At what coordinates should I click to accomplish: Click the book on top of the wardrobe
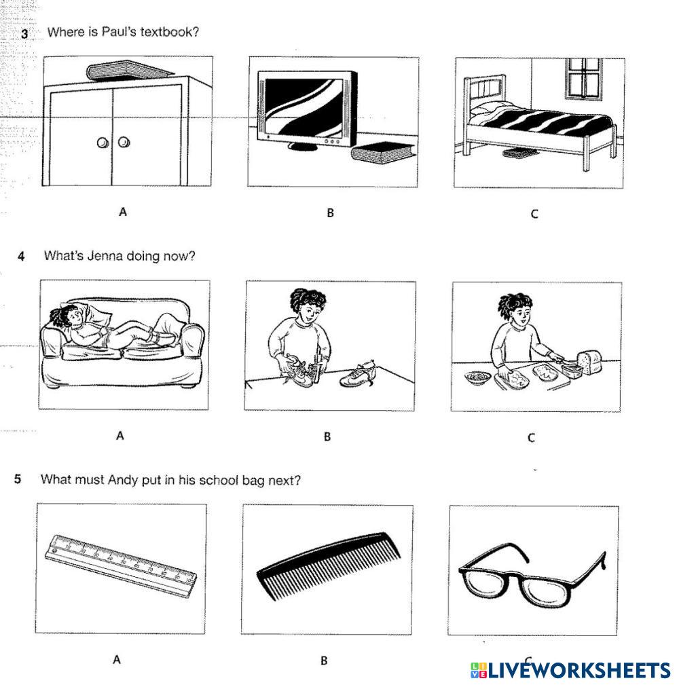[x=130, y=70]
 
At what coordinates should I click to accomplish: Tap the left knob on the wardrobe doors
[x=103, y=143]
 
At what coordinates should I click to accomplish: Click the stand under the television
[x=302, y=146]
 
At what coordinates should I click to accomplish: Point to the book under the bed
[x=519, y=153]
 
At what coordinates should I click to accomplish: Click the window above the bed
[x=583, y=78]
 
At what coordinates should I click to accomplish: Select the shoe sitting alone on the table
[x=358, y=375]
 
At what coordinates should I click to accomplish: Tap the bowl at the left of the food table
[x=477, y=377]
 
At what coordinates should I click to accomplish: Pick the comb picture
[x=329, y=565]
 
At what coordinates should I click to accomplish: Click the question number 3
[x=24, y=33]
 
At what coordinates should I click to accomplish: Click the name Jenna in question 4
[x=104, y=255]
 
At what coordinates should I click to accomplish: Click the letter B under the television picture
[x=330, y=213]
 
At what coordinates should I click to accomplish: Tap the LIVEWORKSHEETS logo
[x=570, y=670]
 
